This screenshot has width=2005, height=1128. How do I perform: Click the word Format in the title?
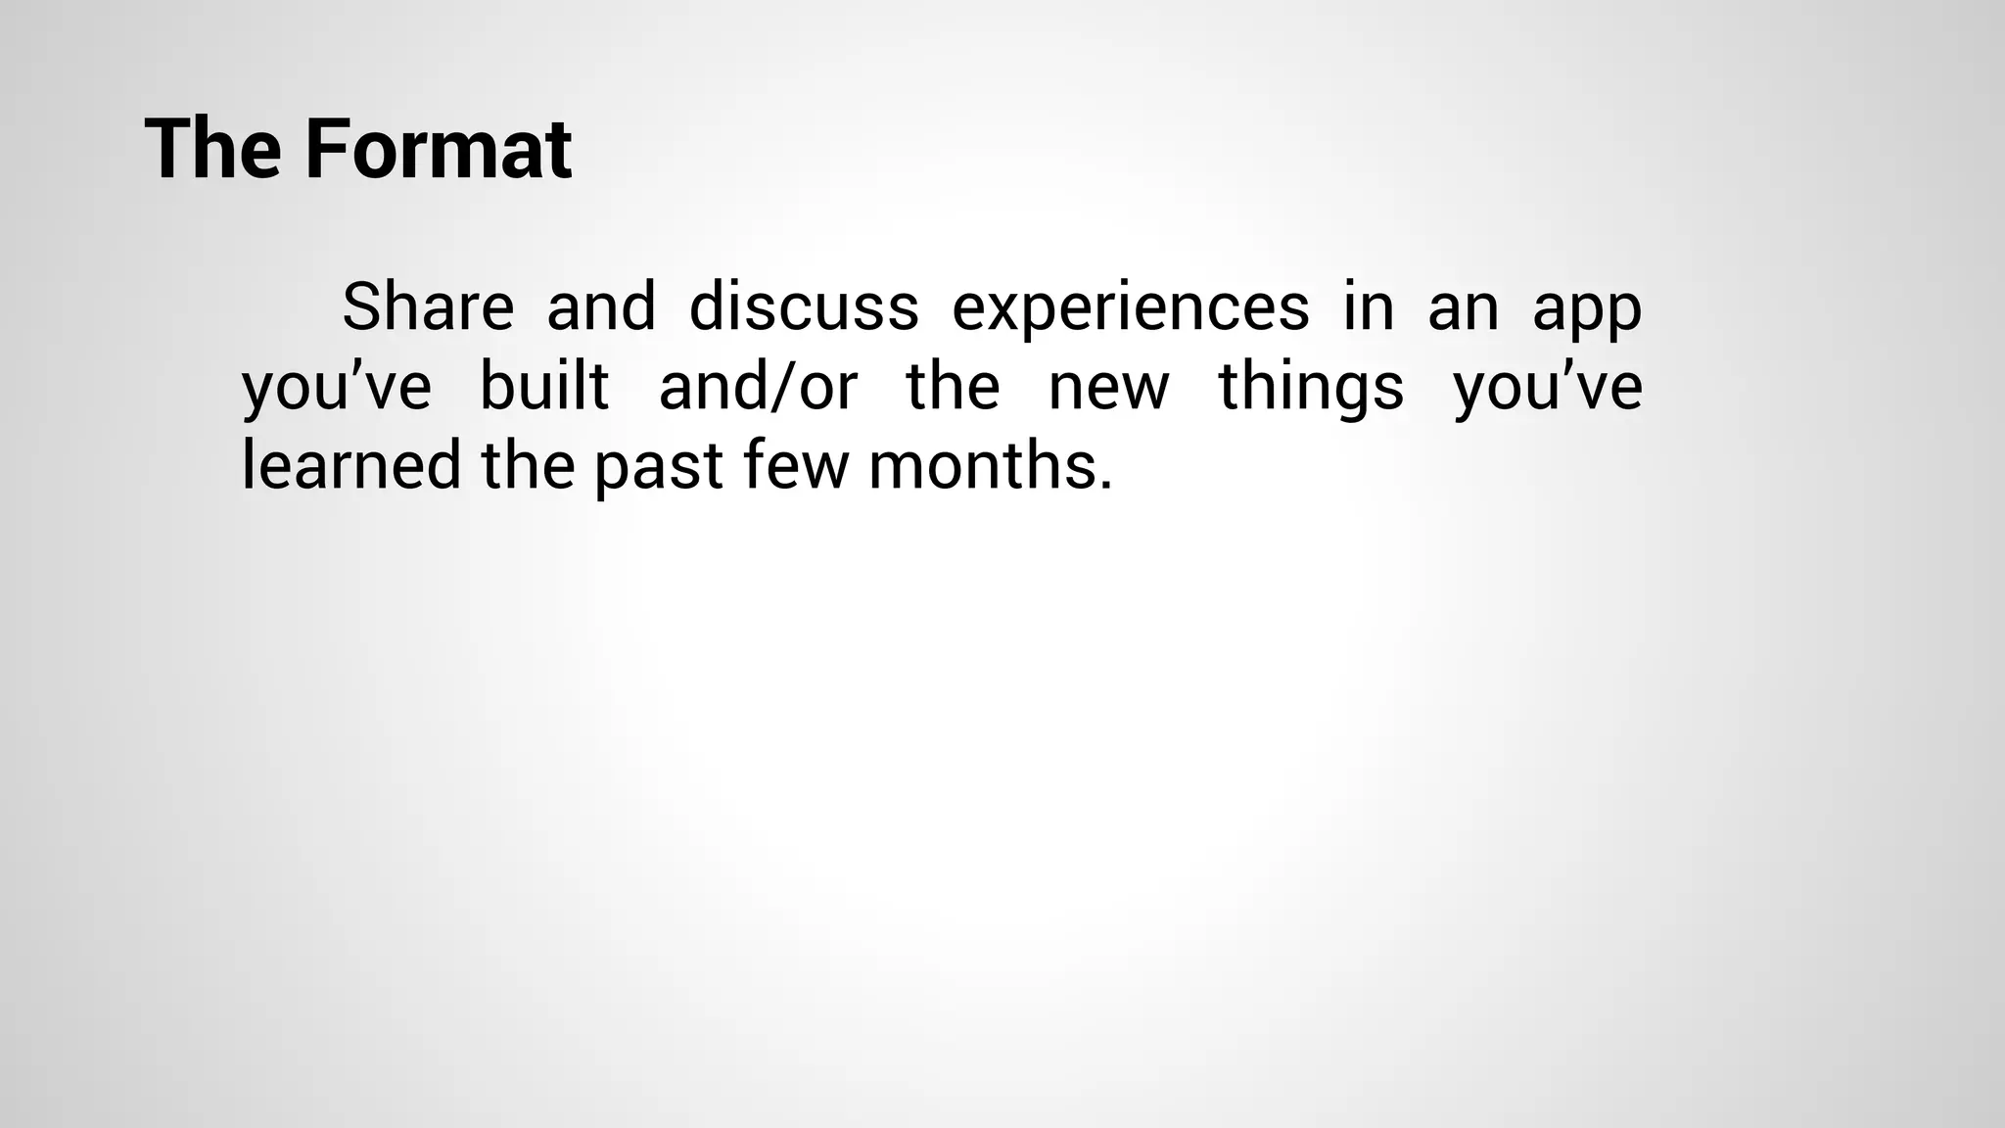[438, 150]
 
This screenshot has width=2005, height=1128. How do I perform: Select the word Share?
[428, 306]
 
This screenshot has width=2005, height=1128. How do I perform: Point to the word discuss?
[804, 306]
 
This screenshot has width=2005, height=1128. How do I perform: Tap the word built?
[544, 386]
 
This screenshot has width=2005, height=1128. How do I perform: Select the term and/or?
[758, 386]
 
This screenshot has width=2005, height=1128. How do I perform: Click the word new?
[1108, 388]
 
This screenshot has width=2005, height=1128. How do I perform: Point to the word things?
[1311, 388]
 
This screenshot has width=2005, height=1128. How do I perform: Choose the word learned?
[350, 465]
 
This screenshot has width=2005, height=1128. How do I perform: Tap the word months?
[980, 465]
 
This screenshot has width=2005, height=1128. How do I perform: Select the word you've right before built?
[337, 388]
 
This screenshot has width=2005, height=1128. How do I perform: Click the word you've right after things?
[1548, 388]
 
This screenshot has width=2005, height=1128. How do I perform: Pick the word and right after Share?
[601, 306]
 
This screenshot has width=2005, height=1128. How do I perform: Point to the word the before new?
[953, 386]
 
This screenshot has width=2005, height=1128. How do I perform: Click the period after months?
[1105, 485]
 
